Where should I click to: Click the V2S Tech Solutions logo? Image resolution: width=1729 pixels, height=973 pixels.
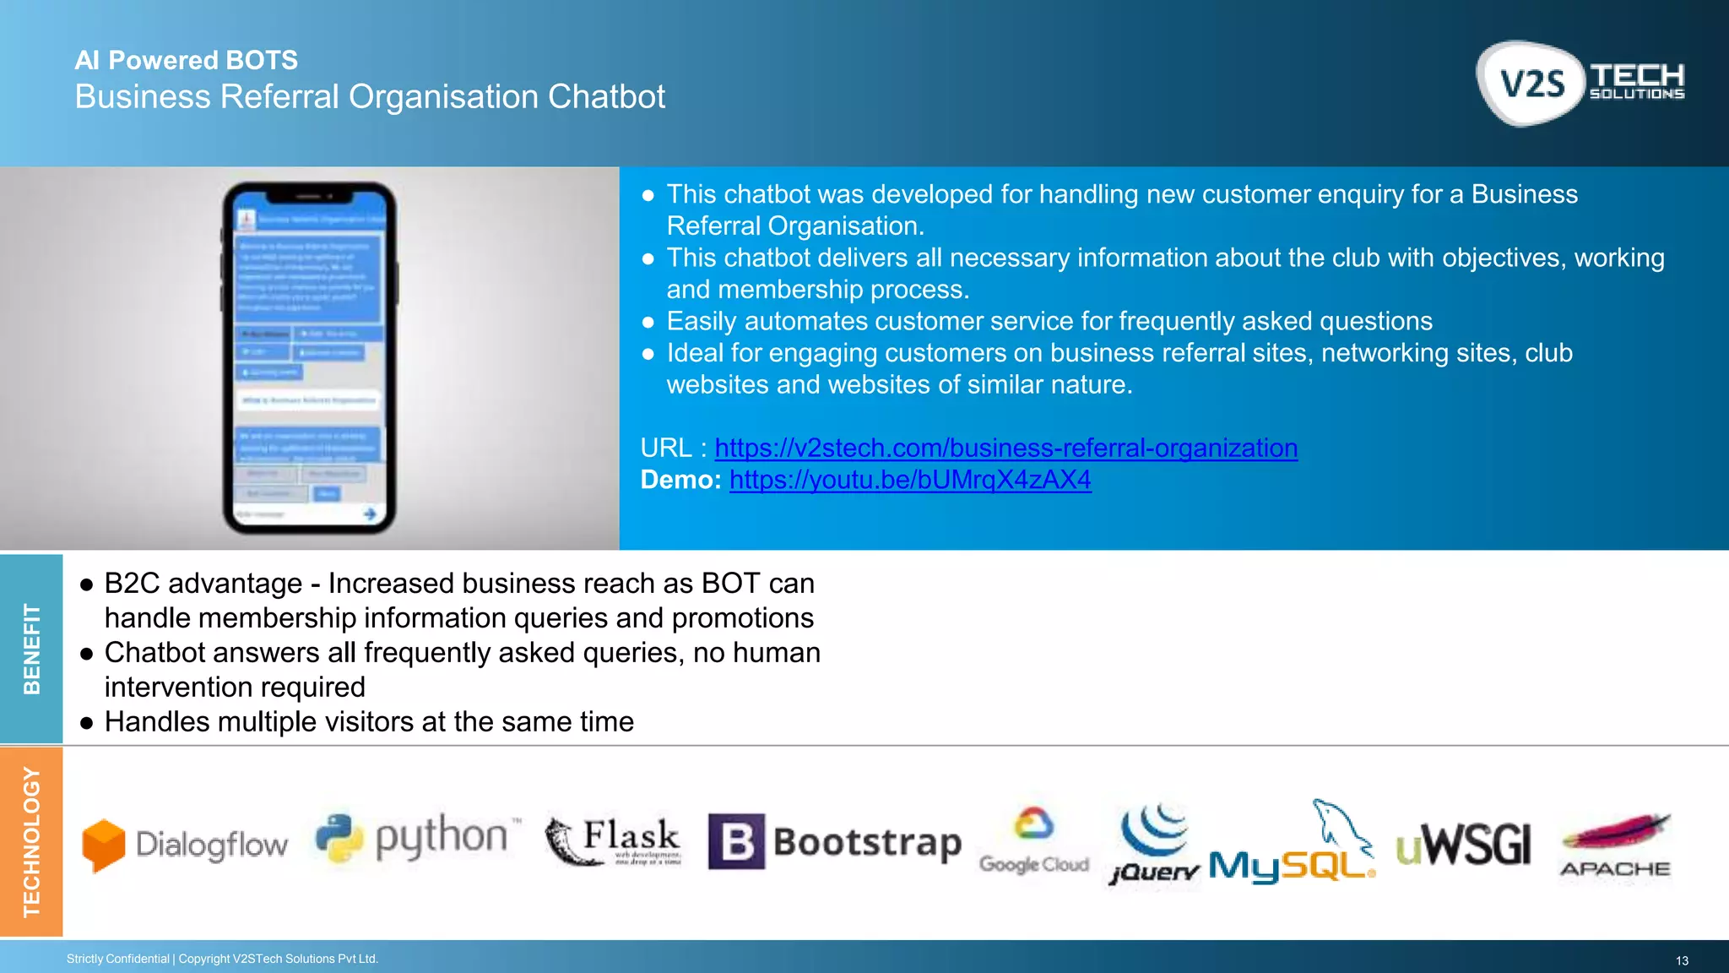pyautogui.click(x=1580, y=84)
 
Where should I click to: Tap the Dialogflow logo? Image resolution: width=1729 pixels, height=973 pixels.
pyautogui.click(x=185, y=844)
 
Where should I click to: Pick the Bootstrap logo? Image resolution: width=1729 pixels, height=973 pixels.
pyautogui.click(x=834, y=841)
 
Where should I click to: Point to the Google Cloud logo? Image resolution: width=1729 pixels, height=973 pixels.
pyautogui.click(x=1033, y=840)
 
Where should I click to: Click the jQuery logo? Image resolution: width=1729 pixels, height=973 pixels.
pyautogui.click(x=1154, y=844)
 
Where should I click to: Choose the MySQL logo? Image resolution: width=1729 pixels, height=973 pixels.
pyautogui.click(x=1293, y=844)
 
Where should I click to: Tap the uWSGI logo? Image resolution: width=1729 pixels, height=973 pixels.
pyautogui.click(x=1463, y=844)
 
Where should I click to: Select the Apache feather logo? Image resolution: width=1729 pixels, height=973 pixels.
pyautogui.click(x=1615, y=845)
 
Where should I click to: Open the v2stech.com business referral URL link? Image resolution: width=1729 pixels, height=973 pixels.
pyautogui.click(x=1005, y=448)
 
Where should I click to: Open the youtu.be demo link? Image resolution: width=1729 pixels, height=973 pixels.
pyautogui.click(x=910, y=480)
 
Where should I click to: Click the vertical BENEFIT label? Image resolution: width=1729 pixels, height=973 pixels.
pyautogui.click(x=31, y=649)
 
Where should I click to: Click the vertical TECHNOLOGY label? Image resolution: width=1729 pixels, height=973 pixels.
pyautogui.click(x=31, y=841)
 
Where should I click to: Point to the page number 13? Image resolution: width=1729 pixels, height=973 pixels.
pyautogui.click(x=1681, y=960)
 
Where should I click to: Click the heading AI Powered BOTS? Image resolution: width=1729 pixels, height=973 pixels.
pyautogui.click(x=186, y=60)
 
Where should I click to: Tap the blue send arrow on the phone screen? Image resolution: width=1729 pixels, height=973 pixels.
pyautogui.click(x=370, y=514)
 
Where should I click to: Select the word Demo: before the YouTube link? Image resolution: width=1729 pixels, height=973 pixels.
pyautogui.click(x=680, y=480)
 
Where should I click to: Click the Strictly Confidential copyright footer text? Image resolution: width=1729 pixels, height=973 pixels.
pyautogui.click(x=222, y=959)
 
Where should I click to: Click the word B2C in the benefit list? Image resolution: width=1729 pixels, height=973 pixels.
pyautogui.click(x=130, y=584)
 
